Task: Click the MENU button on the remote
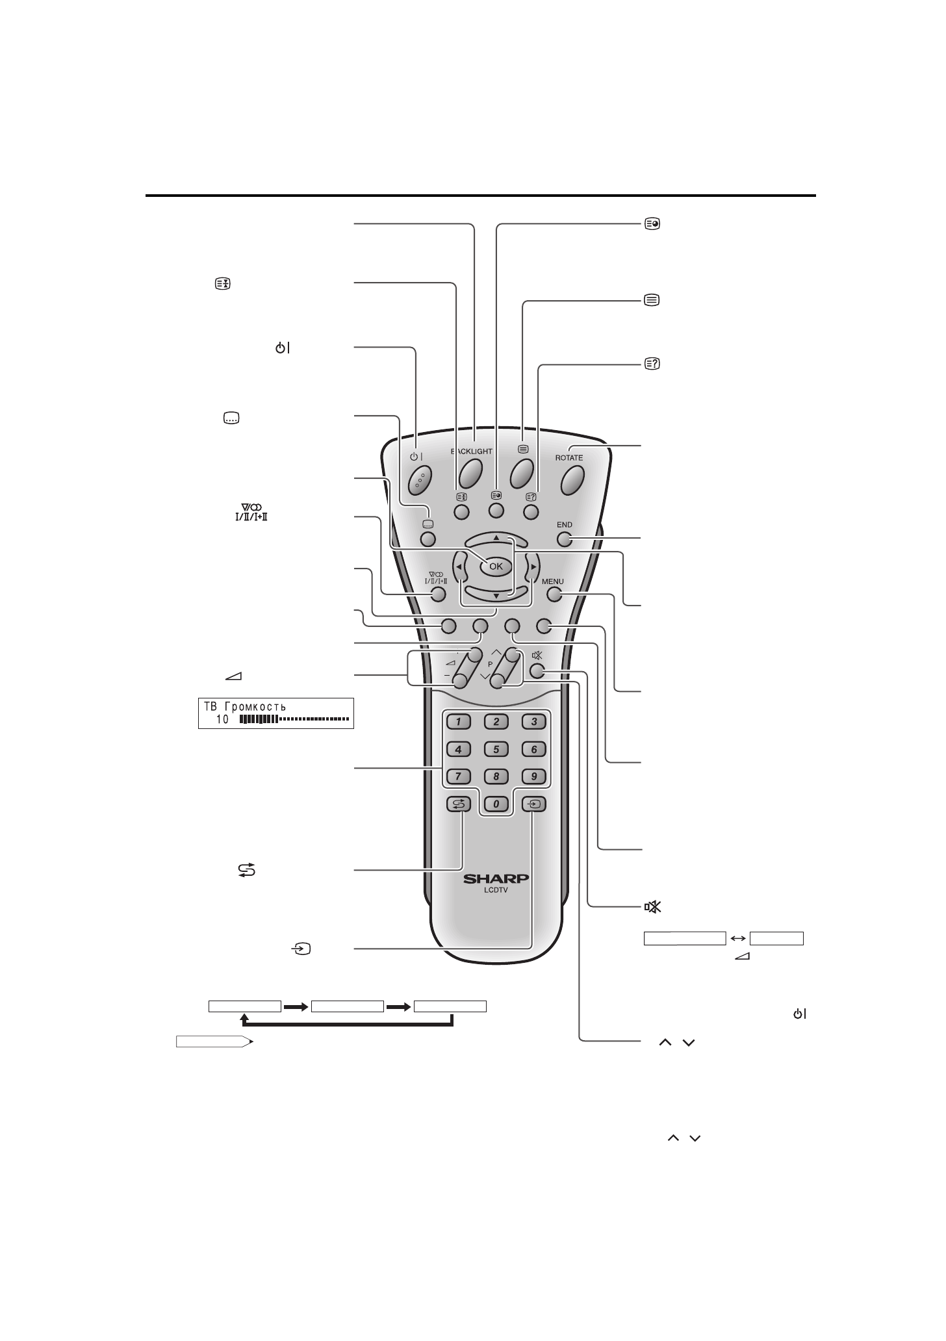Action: tap(554, 593)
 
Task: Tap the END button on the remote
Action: tap(565, 539)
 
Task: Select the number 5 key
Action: tap(496, 749)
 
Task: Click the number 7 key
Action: tap(459, 776)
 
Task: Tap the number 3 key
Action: tap(534, 721)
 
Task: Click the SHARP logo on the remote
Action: tap(496, 879)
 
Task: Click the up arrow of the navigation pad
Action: tap(496, 537)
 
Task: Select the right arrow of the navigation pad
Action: tap(533, 567)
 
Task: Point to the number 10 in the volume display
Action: tap(223, 719)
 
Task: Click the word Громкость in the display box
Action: tap(255, 706)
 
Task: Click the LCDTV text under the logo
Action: tap(496, 891)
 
